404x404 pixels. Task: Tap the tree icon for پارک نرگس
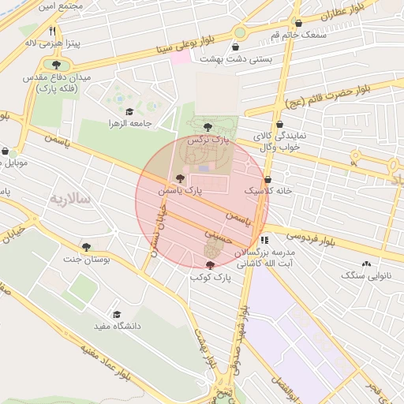208,126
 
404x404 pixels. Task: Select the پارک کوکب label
209,278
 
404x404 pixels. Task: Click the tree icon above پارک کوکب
209,266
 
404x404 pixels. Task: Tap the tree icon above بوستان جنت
87,248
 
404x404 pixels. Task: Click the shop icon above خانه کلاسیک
268,179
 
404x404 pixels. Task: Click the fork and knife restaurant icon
52,31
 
